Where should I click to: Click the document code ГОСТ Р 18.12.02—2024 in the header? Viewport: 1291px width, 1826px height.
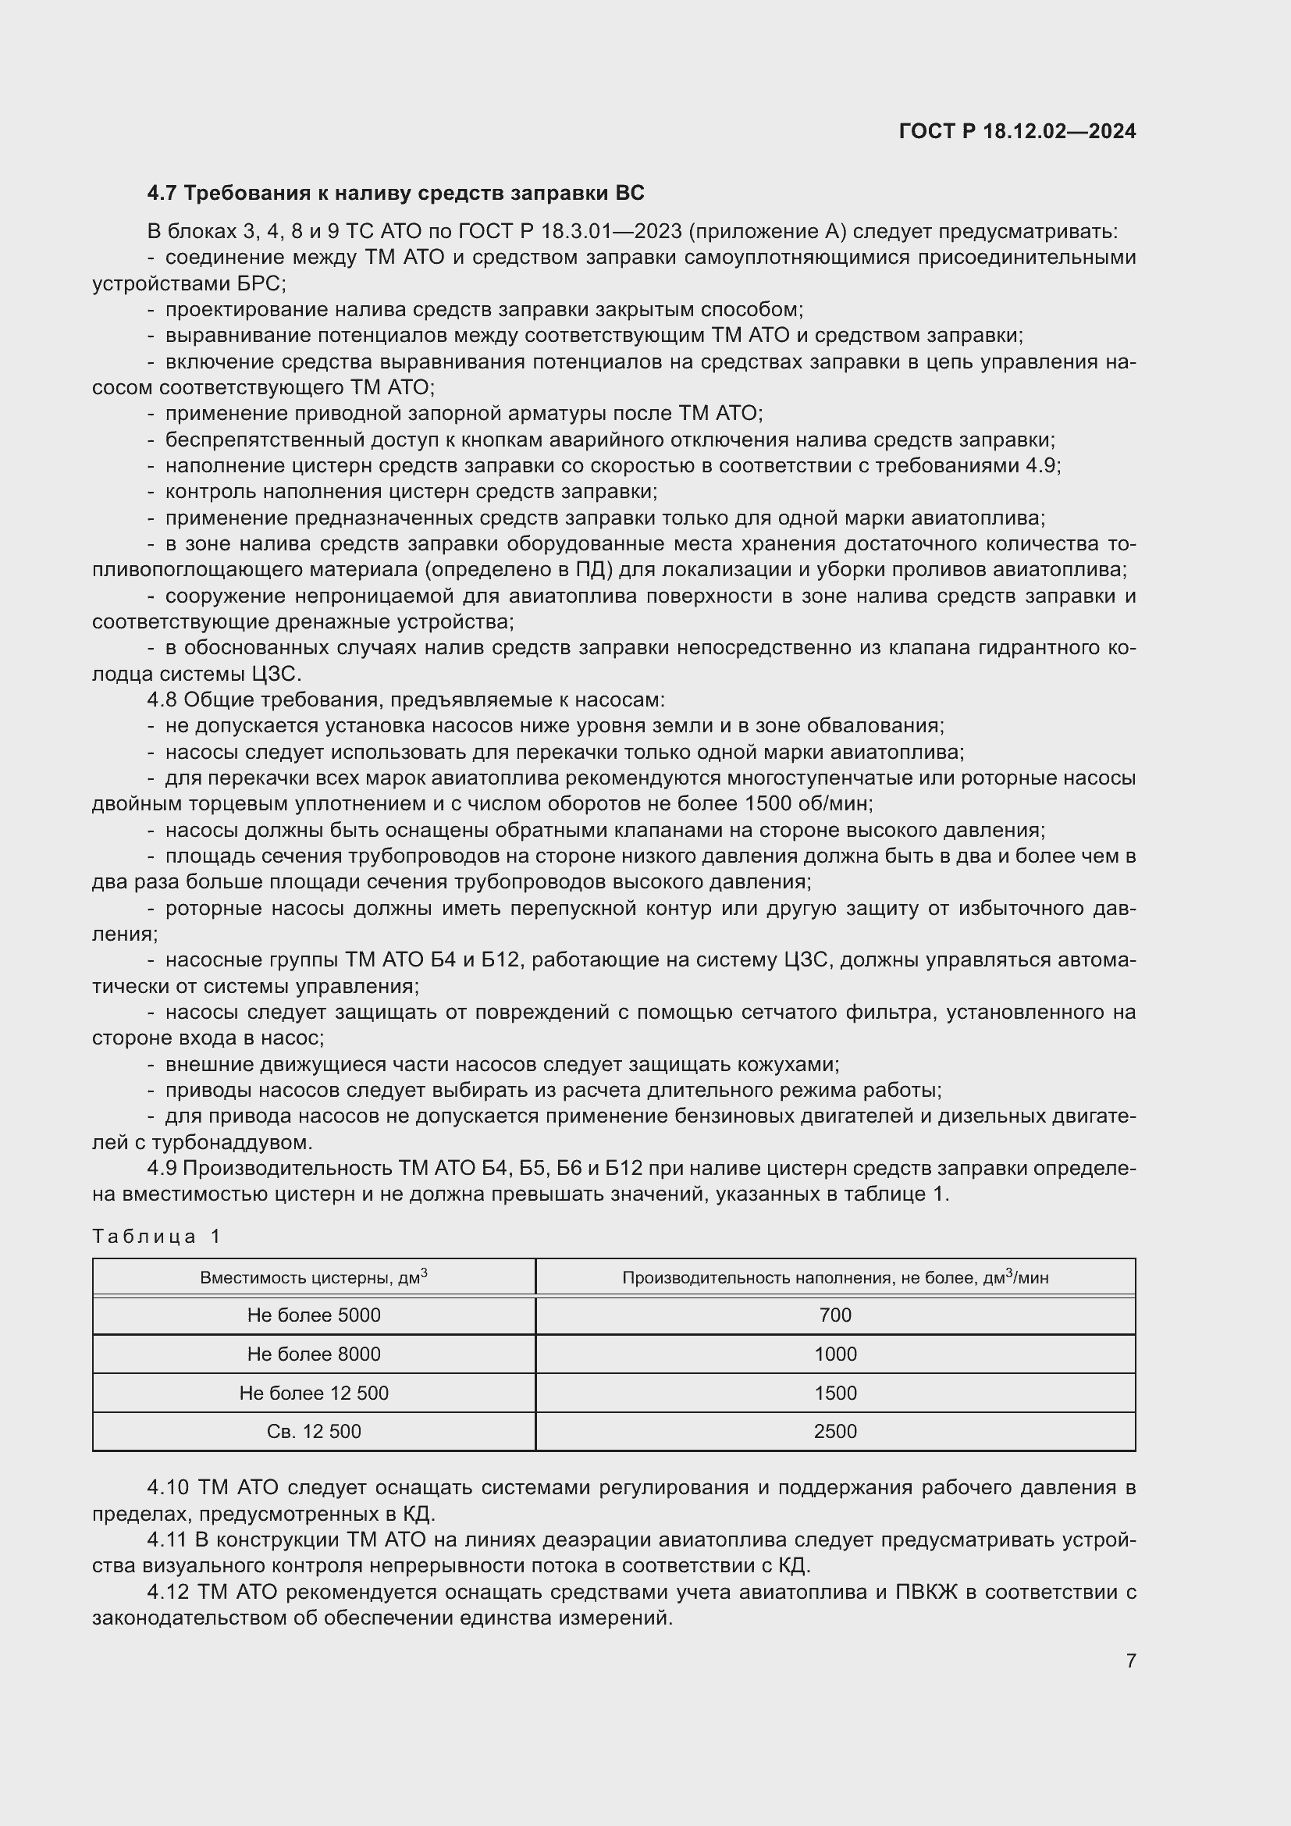(x=1017, y=131)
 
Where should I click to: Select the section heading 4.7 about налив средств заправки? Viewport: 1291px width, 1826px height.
(x=395, y=194)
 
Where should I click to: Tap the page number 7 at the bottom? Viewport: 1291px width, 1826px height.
(x=1130, y=1660)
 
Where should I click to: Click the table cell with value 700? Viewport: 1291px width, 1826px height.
(x=834, y=1315)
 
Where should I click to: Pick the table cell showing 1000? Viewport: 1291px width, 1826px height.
(x=834, y=1354)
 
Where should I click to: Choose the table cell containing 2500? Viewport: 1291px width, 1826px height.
(x=834, y=1432)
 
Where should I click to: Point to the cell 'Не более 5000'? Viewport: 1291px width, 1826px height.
(x=313, y=1315)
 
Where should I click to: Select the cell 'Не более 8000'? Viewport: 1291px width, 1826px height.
(x=313, y=1354)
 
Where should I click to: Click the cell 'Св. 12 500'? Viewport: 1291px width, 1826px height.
(x=313, y=1432)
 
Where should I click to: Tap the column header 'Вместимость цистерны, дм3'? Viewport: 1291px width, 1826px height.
(x=313, y=1278)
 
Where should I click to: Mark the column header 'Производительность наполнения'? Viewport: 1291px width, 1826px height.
(x=834, y=1278)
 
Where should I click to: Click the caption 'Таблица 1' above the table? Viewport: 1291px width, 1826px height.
(x=156, y=1237)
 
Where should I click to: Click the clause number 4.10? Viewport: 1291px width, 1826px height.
(x=168, y=1488)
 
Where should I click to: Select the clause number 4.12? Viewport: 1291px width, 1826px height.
(x=168, y=1593)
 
